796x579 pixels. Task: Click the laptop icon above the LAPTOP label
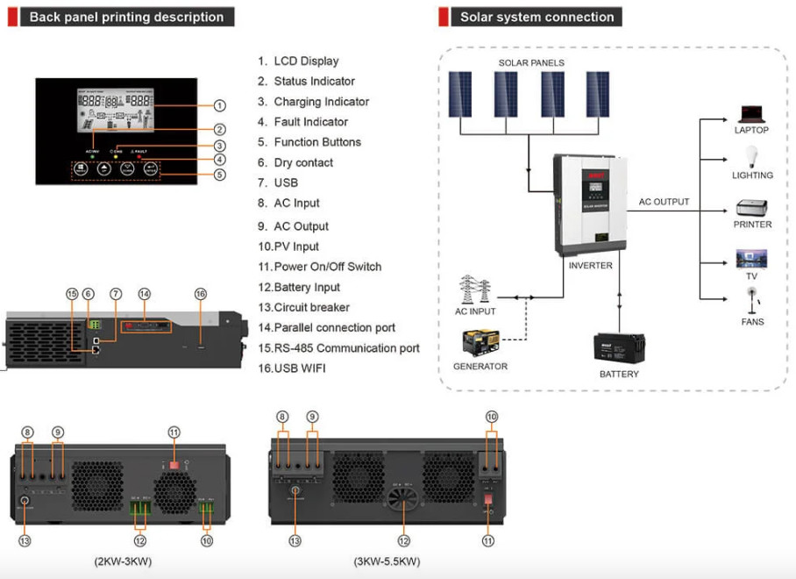coord(751,114)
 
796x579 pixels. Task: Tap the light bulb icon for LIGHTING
coord(751,157)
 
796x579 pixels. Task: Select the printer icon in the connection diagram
coord(751,208)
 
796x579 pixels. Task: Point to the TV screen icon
coord(751,259)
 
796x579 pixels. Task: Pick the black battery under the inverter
coord(619,349)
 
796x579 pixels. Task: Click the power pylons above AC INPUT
coord(475,290)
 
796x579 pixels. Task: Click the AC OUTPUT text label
coord(664,202)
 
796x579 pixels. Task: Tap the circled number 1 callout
coord(219,105)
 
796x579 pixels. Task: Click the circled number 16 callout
coord(201,294)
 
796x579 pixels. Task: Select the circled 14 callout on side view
coord(145,294)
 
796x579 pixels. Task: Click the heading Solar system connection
coord(537,17)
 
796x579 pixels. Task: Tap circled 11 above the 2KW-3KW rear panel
coord(174,431)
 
